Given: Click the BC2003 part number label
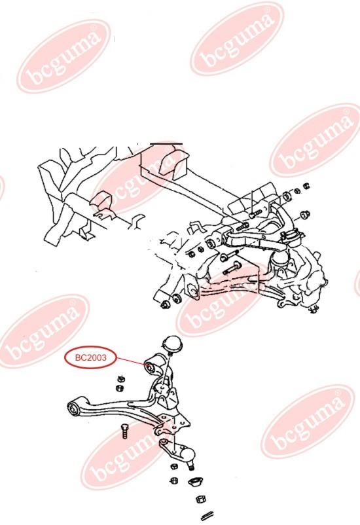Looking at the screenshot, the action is coord(91,357).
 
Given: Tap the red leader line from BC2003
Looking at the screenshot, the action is coord(131,361).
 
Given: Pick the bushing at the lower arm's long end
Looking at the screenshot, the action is coord(73,409).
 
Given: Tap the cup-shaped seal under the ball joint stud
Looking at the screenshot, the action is coord(194,483).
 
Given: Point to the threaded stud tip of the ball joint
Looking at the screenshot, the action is coord(190,466).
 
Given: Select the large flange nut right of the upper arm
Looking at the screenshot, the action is coord(305,214).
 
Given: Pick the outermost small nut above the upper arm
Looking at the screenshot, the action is coord(306,185).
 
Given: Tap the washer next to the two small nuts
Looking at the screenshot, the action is coord(287,196).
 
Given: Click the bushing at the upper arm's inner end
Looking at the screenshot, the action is coord(211,243).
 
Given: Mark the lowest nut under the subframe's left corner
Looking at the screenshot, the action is coord(165,304).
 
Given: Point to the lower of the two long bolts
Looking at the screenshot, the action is coord(232,268).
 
